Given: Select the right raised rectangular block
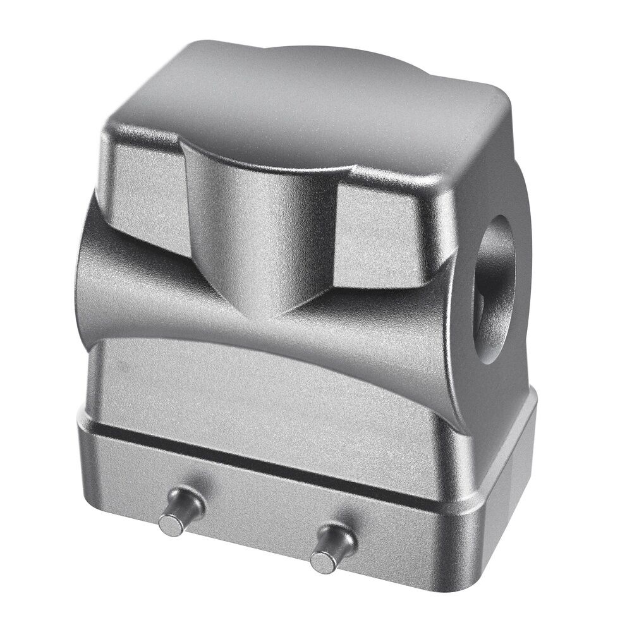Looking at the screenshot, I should (x=386, y=234).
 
